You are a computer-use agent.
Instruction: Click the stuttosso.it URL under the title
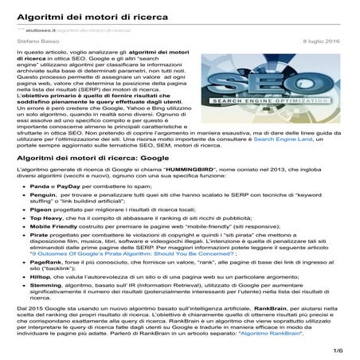tap(40, 29)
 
